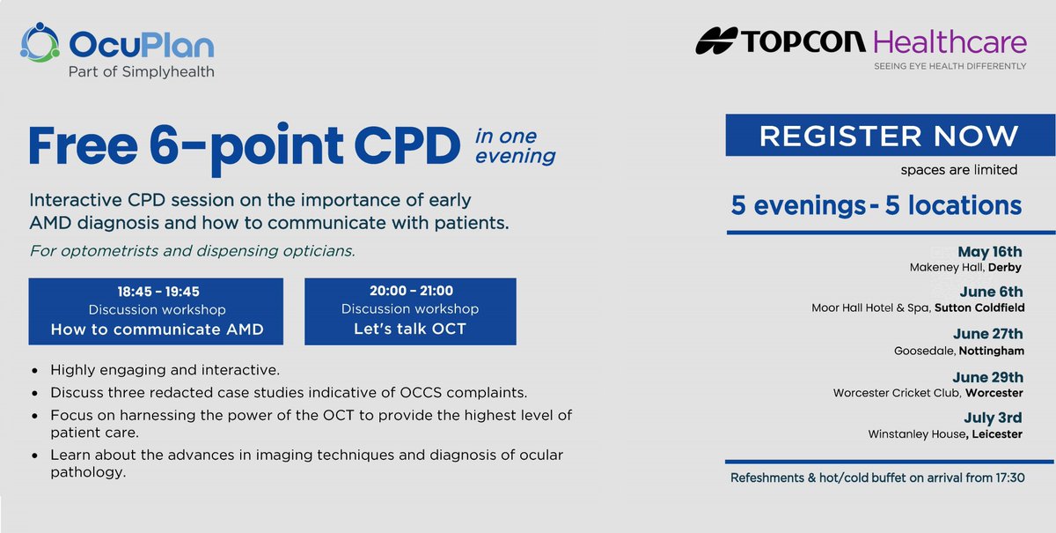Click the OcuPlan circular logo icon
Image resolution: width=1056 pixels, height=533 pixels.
click(x=40, y=43)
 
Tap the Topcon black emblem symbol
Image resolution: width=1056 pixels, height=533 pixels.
click(x=718, y=41)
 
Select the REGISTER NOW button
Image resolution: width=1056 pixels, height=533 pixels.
click(x=889, y=136)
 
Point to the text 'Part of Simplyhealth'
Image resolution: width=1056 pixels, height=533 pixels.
click(x=141, y=72)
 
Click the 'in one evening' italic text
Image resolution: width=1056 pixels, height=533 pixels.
click(x=515, y=146)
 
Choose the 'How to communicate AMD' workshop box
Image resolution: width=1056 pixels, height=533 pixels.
click(x=156, y=311)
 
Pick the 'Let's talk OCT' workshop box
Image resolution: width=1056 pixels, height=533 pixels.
click(x=410, y=311)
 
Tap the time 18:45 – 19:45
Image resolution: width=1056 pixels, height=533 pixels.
click(x=156, y=290)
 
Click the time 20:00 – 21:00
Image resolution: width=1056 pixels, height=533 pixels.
click(x=410, y=290)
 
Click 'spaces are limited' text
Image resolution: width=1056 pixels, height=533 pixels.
click(x=958, y=169)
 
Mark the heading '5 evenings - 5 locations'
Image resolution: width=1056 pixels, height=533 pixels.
click(x=876, y=205)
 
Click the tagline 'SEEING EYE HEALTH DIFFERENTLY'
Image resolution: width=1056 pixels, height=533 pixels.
click(x=950, y=66)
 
